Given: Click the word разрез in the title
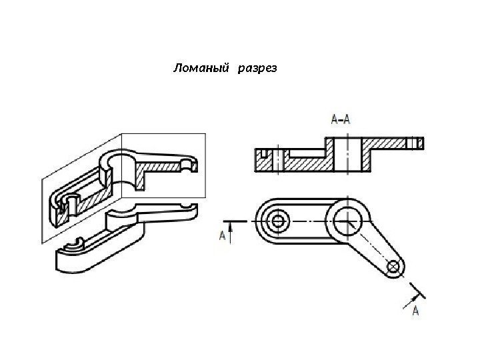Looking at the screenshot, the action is coord(257,68).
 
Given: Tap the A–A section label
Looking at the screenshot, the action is coord(341,120).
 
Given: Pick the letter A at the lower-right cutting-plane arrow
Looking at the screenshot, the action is coord(416,311).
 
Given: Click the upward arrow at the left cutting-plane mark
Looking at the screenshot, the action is coord(231,230).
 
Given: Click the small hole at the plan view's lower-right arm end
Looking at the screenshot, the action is coord(393,267).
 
